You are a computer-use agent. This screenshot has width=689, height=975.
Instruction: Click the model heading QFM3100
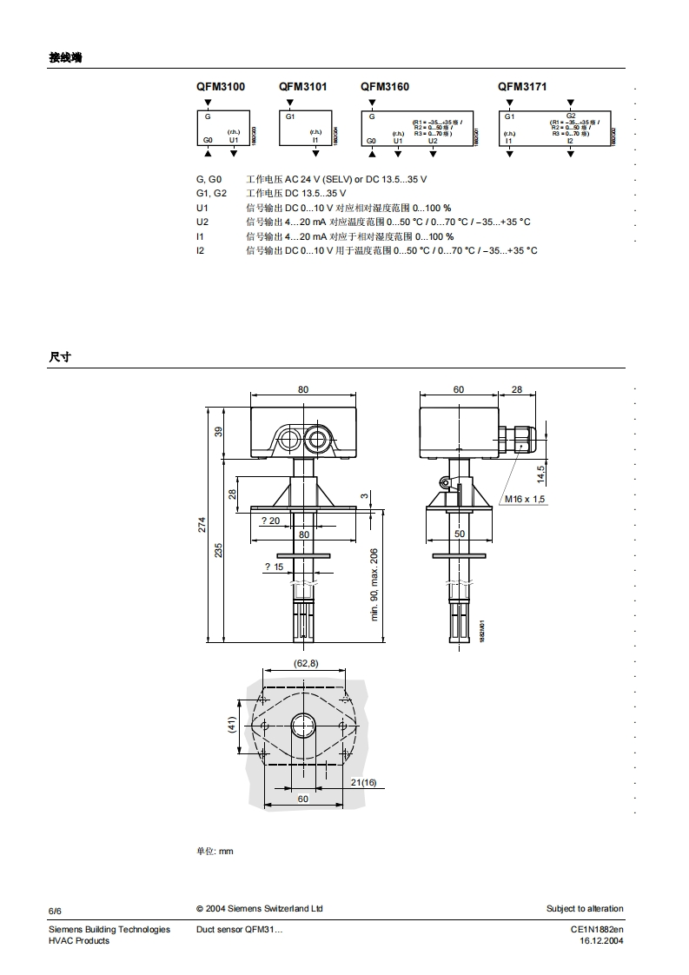click(220, 87)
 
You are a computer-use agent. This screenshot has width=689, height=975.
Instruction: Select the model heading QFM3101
click(303, 87)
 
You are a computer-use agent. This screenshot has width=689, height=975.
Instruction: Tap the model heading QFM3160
click(385, 87)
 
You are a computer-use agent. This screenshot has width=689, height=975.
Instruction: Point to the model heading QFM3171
click(522, 87)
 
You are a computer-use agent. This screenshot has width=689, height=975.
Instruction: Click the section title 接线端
click(66, 58)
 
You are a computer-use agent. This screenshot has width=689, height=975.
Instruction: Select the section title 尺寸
click(59, 357)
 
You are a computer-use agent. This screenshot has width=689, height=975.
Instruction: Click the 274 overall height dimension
click(202, 524)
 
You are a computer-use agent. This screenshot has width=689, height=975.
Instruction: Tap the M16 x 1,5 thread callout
click(526, 500)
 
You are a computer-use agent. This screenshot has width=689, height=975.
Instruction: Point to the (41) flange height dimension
click(232, 724)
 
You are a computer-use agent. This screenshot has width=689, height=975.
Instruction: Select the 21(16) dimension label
click(363, 783)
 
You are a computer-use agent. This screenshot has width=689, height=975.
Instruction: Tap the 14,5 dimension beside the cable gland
click(540, 474)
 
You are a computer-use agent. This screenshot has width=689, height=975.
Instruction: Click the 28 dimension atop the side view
click(517, 389)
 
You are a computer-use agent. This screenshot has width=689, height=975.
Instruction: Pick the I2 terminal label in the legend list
click(200, 250)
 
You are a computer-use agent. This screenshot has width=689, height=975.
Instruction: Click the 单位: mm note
click(215, 851)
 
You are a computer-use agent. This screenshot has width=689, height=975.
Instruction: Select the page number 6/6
click(55, 910)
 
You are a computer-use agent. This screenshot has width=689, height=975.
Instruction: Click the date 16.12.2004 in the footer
click(601, 941)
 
